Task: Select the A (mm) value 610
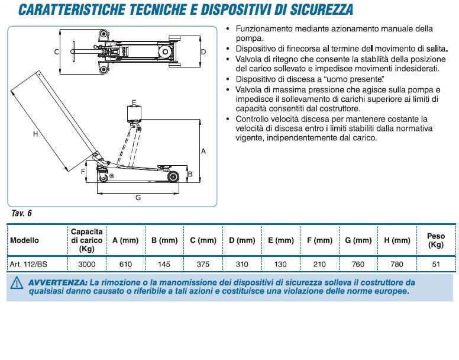125,265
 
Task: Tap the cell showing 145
164,265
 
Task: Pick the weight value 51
436,265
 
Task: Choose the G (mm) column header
358,240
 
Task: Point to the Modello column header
24,240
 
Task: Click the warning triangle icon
17,284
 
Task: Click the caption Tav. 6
21,213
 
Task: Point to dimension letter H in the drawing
35,134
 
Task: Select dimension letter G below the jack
138,198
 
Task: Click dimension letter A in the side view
203,151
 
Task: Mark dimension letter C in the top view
57,52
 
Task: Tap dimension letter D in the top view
203,52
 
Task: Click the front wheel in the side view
174,176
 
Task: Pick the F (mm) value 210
319,265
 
